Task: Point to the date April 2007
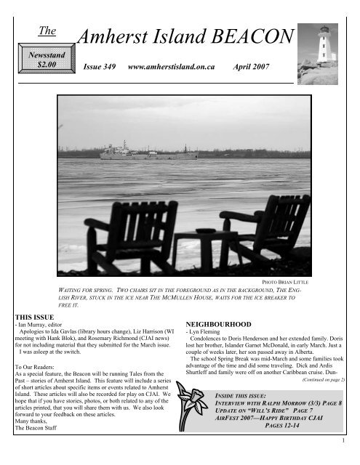click(x=252, y=67)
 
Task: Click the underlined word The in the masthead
click(x=47, y=29)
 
